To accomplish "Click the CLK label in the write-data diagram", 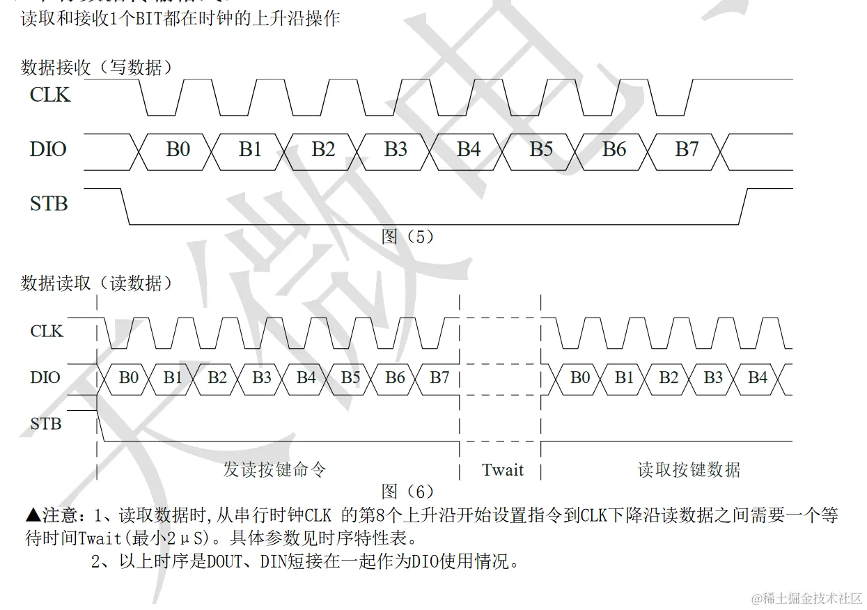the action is [x=50, y=94].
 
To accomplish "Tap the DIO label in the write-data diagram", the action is [x=49, y=148].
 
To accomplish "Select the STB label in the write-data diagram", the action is [x=49, y=203].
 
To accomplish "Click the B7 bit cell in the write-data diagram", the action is [x=687, y=149].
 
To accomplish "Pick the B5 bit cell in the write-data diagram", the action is [x=541, y=149].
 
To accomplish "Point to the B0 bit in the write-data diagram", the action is [x=178, y=149].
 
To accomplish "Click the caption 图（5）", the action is [x=408, y=237].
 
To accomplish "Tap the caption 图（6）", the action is [x=408, y=492].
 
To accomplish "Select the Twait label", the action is [x=502, y=470].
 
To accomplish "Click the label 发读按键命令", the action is [x=274, y=469].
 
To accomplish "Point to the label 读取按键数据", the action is [x=689, y=470].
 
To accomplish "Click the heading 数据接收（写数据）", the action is [x=97, y=68].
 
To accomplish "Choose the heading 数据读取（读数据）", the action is [x=97, y=283].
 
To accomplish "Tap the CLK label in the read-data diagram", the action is [x=47, y=331].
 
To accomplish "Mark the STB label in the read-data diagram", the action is [x=46, y=423].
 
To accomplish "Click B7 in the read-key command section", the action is [x=439, y=377].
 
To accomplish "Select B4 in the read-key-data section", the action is [x=758, y=377].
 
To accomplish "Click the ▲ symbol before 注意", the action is [x=33, y=516].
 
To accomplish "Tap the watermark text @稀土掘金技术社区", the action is [x=807, y=597].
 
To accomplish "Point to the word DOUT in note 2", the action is [x=224, y=562].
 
